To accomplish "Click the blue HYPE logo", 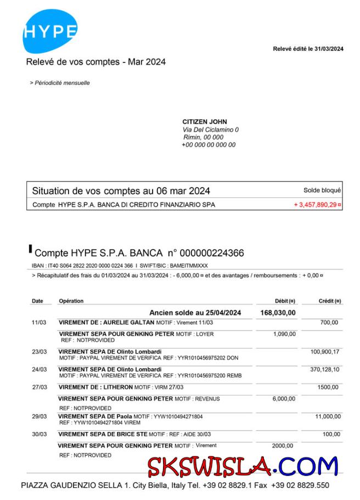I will point(49,31).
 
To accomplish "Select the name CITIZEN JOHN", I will point(205,122).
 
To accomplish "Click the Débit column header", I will point(285,301).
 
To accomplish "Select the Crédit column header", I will point(329,301).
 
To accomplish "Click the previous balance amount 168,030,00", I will point(278,312).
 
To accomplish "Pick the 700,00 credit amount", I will point(329,322).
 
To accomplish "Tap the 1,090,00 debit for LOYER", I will point(284,334).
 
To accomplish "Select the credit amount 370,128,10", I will point(325,370).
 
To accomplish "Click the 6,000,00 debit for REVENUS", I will point(284,399).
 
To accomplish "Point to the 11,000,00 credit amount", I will point(328,417).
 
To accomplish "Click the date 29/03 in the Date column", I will point(39,417).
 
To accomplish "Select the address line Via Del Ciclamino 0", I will point(211,129).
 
